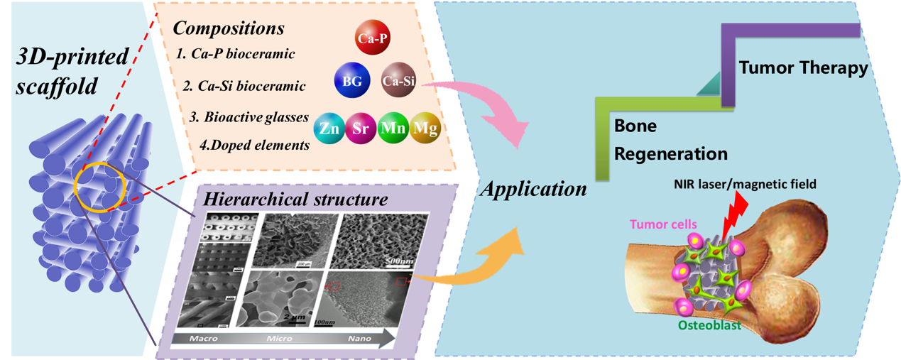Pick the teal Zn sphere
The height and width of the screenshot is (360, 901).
[329, 130]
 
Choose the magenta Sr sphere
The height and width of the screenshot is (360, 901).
[361, 130]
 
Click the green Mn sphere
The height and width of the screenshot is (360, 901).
[393, 130]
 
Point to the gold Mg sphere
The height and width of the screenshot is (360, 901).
[425, 129]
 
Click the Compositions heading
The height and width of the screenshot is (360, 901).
[229, 30]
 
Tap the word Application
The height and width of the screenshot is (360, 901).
[533, 190]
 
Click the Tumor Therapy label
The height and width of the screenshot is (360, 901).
[803, 69]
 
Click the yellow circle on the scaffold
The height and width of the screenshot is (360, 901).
[100, 189]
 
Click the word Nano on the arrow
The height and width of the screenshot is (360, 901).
[359, 339]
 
